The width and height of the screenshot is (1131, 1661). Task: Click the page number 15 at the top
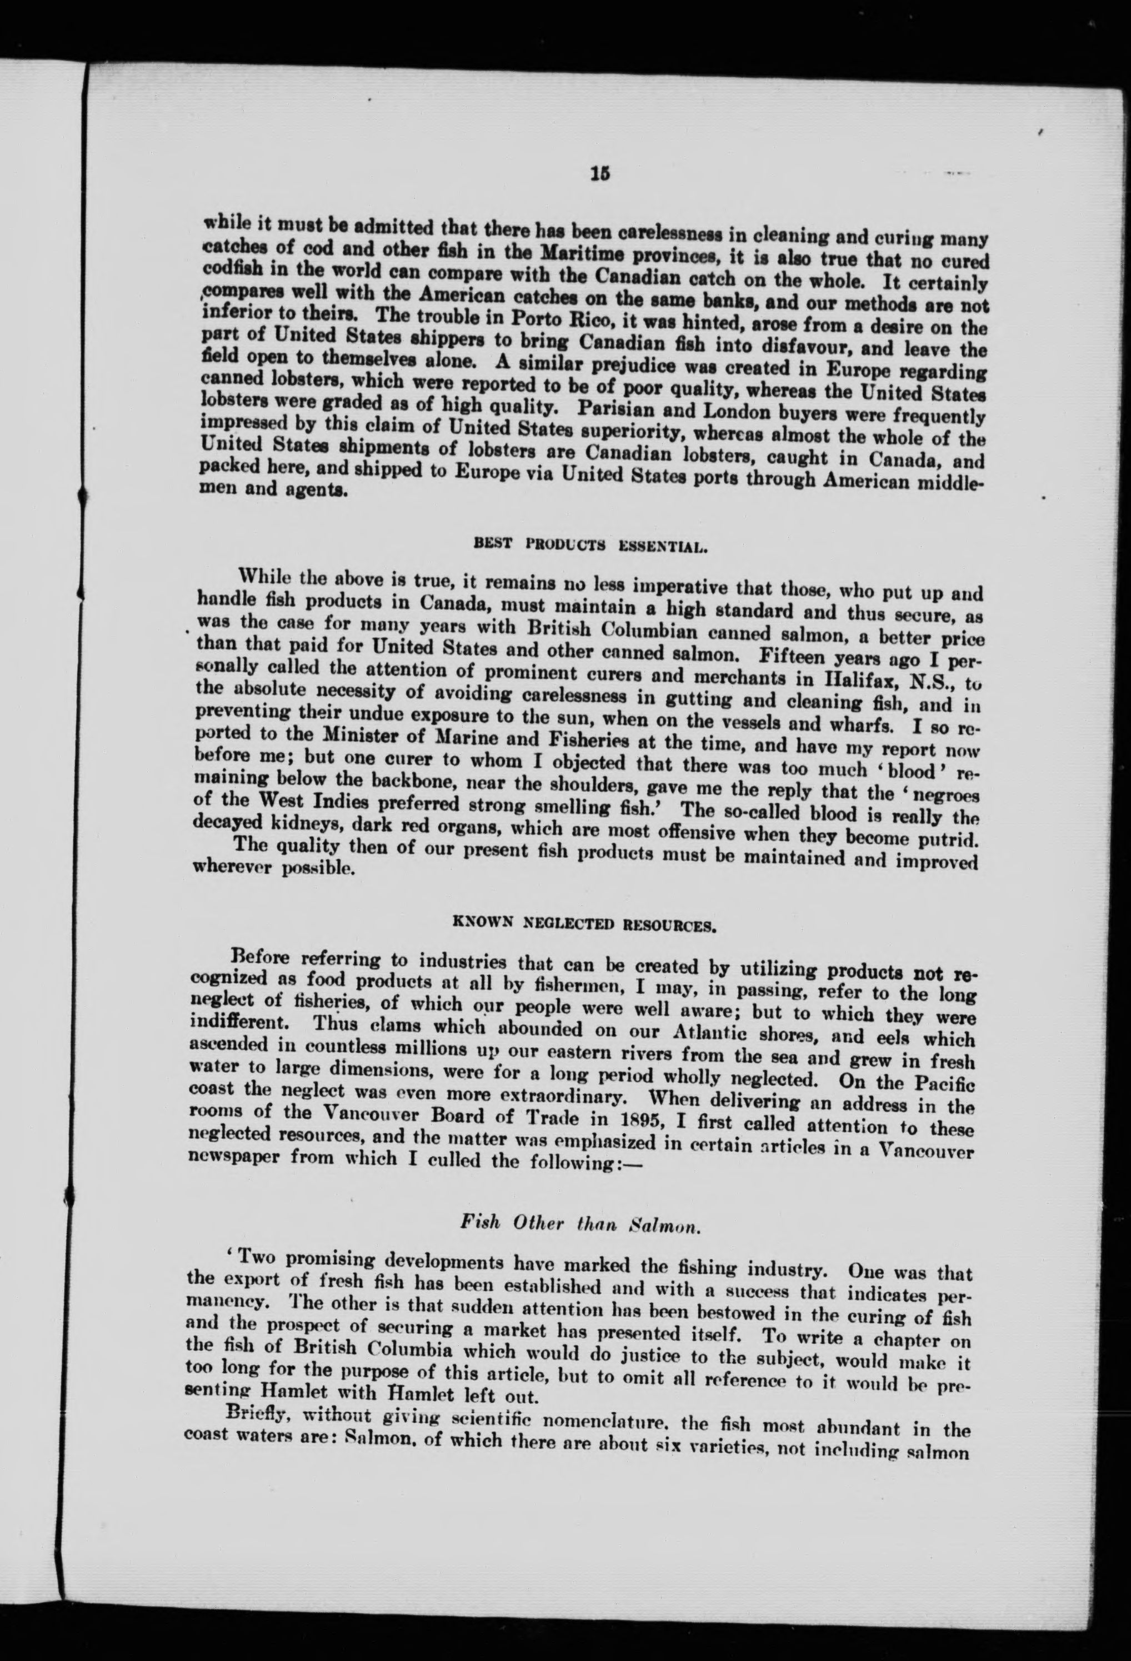(599, 174)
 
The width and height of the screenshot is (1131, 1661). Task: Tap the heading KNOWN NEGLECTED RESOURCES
(585, 923)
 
